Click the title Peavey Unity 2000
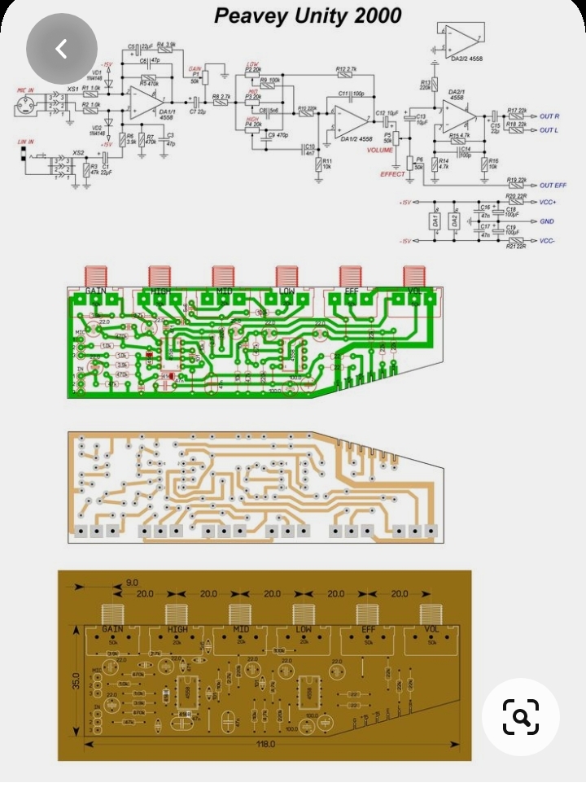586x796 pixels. tap(308, 15)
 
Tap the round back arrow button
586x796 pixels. tap(62, 49)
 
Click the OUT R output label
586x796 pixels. tap(549, 116)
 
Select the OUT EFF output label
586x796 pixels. tap(553, 186)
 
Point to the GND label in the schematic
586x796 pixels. tap(546, 221)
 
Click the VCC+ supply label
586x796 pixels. tap(548, 202)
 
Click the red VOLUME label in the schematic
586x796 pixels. tap(380, 151)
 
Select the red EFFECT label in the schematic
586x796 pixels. tap(392, 174)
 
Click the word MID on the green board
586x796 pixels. tap(224, 291)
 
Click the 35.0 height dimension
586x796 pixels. tap(75, 680)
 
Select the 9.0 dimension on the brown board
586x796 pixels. tap(132, 583)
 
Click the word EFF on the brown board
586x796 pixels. tap(368, 630)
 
